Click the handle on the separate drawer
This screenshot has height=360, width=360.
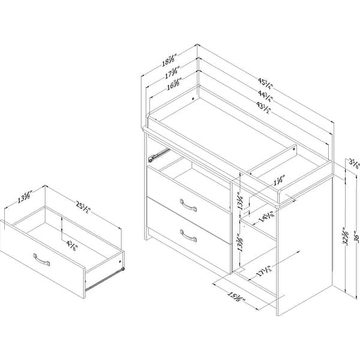point(43,259)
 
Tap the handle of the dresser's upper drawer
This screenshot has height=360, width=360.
point(188,207)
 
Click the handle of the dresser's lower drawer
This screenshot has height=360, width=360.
point(188,235)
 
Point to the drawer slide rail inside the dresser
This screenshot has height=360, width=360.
point(156,156)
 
